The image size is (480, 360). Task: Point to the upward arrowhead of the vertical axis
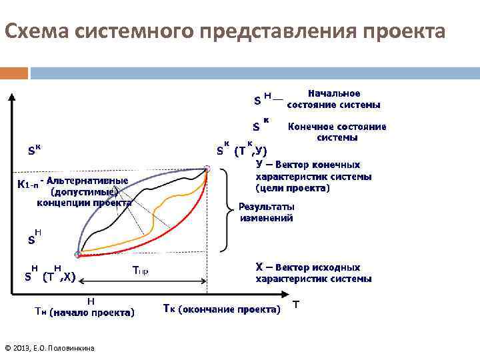point(11,95)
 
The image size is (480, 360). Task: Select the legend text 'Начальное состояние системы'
point(333,99)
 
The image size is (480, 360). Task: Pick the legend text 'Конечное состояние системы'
point(336,132)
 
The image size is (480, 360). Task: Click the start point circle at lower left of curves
point(78,255)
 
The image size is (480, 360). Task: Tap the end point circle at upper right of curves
point(207,169)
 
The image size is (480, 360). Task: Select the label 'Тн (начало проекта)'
point(85,311)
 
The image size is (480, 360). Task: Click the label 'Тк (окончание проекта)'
point(221,309)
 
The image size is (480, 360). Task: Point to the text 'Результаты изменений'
point(266,213)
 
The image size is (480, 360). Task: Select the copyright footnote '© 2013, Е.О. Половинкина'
point(49,348)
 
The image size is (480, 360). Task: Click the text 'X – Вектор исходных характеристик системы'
point(313,273)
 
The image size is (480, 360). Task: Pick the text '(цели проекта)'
point(293,188)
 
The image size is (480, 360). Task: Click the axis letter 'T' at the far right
point(296,305)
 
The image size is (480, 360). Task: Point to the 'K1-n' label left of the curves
point(27,183)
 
